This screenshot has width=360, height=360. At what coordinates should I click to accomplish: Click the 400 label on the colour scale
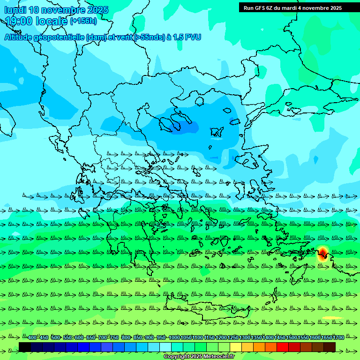(32, 337)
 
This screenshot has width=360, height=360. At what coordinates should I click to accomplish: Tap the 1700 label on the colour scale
(338, 337)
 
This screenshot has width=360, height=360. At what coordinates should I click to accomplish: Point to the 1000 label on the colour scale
(174, 337)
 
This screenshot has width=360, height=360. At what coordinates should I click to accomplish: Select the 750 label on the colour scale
(114, 337)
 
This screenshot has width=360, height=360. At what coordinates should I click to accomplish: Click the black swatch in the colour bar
(25, 347)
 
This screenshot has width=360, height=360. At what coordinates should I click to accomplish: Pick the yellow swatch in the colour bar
(236, 347)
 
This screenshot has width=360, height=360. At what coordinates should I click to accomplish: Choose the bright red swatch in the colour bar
(283, 347)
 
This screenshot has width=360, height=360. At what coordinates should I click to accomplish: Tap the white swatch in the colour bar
(165, 347)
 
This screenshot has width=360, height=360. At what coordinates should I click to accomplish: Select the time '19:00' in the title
(19, 21)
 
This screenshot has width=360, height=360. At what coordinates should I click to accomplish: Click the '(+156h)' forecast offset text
(83, 21)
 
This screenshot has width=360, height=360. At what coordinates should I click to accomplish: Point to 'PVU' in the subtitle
(192, 37)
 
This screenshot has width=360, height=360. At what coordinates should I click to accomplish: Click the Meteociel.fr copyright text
(199, 356)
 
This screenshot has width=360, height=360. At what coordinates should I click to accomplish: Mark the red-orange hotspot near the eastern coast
(322, 254)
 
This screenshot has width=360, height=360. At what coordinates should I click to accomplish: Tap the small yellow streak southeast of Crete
(333, 318)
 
